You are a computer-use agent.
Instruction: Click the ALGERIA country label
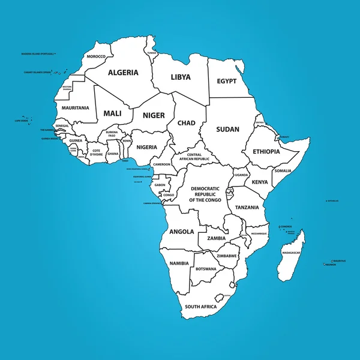click(123, 73)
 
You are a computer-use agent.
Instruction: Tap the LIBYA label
click(181, 77)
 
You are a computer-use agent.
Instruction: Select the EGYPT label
click(227, 81)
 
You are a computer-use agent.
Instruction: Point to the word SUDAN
click(228, 129)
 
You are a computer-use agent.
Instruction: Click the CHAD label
click(186, 123)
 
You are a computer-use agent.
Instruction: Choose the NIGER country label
click(154, 115)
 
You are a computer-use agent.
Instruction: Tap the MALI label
click(113, 113)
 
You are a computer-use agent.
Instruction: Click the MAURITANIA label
click(75, 108)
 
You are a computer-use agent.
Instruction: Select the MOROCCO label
click(96, 56)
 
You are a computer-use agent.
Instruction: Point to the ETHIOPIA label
click(266, 152)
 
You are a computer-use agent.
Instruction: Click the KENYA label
click(260, 182)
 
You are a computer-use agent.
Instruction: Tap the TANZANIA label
click(247, 207)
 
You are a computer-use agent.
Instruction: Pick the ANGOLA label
click(182, 231)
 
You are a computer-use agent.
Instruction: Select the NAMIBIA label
click(179, 263)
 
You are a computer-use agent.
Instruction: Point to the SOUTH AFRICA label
click(200, 307)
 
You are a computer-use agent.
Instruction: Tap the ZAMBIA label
click(216, 238)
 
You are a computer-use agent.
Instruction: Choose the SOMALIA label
click(283, 171)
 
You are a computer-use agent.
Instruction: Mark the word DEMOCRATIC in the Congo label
click(205, 188)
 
